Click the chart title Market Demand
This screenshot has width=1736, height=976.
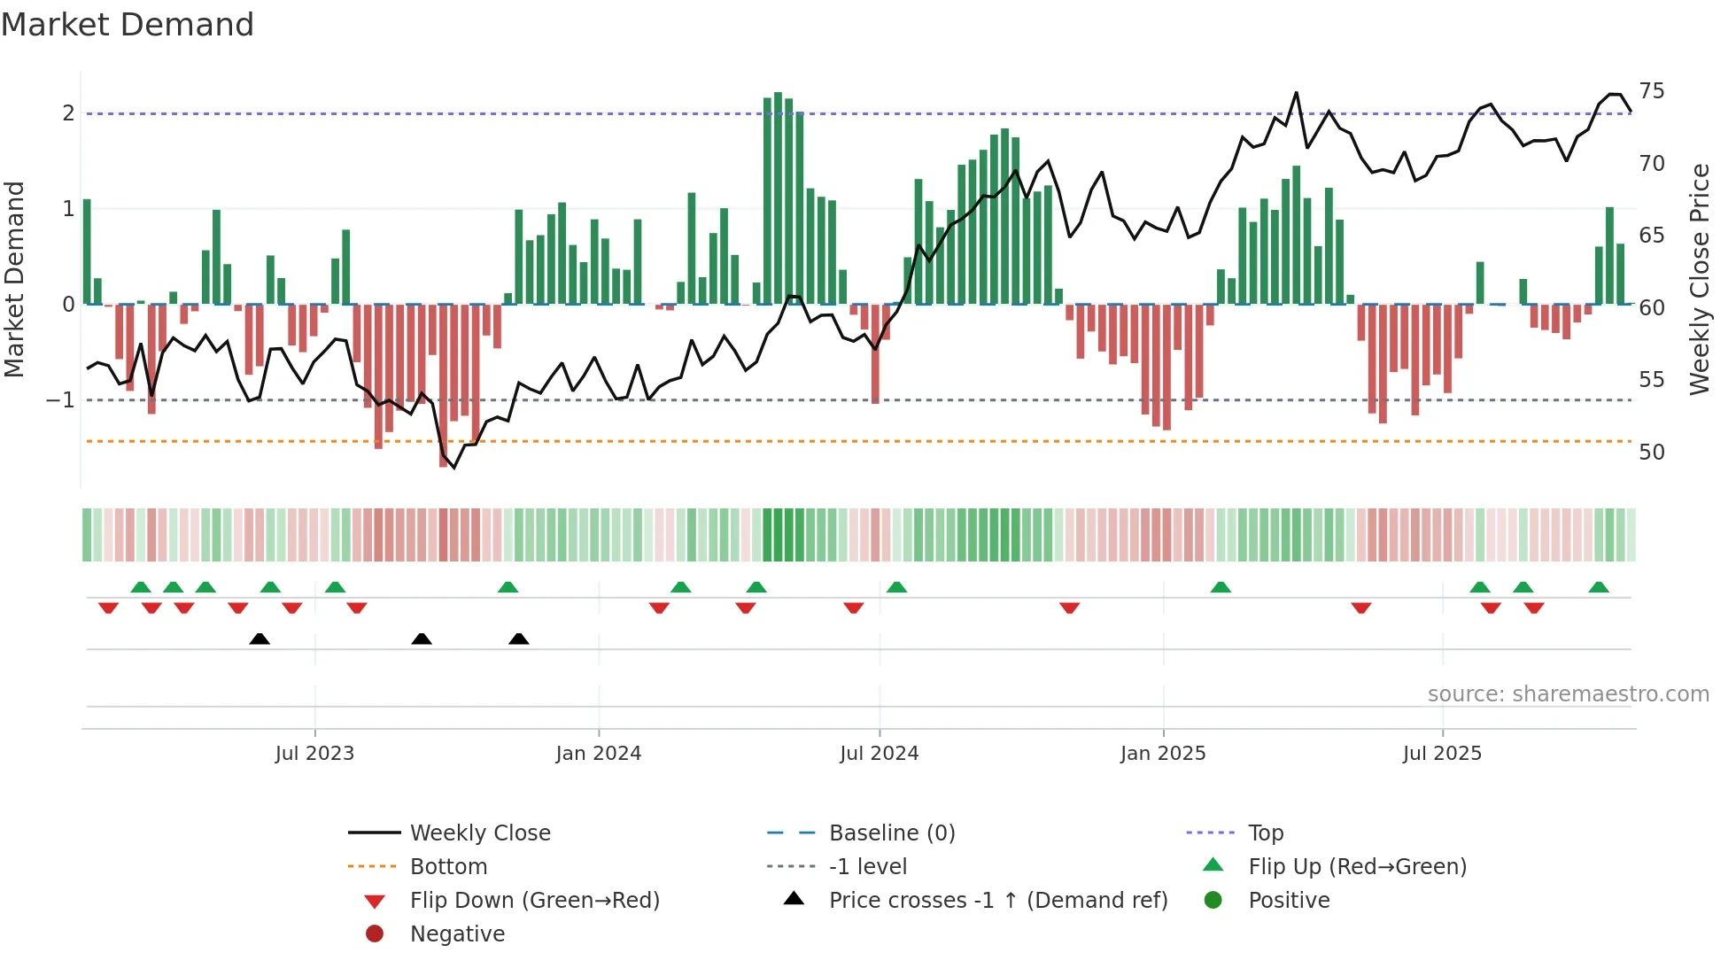point(128,25)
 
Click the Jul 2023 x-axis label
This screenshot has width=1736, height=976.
point(314,754)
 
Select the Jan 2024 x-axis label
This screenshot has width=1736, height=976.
point(598,754)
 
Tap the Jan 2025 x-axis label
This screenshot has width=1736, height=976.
point(1162,754)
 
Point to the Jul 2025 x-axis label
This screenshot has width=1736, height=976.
point(1442,754)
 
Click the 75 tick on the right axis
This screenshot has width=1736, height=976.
point(1651,91)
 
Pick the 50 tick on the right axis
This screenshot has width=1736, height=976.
point(1651,453)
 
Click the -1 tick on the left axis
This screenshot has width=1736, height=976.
point(61,400)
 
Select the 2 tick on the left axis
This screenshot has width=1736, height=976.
point(68,113)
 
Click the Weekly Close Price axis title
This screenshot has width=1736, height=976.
point(1699,279)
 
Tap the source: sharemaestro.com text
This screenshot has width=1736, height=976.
point(1568,694)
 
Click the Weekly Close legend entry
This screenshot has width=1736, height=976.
point(479,833)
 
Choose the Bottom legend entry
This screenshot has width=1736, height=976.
point(448,867)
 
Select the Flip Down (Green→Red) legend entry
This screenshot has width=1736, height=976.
point(534,901)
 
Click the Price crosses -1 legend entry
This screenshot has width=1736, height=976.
point(997,901)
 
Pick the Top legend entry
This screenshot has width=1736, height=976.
point(1266,833)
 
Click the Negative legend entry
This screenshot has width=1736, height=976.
point(457,934)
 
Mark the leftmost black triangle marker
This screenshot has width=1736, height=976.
point(260,639)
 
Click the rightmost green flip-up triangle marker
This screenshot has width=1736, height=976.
point(1599,588)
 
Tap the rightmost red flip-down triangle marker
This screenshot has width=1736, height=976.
point(1534,608)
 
